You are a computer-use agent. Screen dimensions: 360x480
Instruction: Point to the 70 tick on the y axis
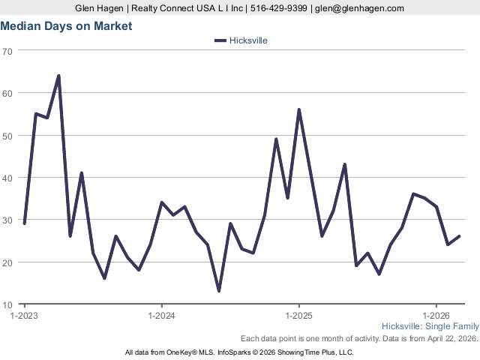[x=7, y=51]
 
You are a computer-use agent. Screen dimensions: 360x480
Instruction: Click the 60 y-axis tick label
[x=7, y=93]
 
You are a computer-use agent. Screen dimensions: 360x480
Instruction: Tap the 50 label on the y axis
[x=7, y=136]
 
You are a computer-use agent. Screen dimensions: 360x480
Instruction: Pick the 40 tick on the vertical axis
[x=7, y=178]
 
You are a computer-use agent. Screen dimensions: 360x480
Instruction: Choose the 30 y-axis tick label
[x=7, y=220]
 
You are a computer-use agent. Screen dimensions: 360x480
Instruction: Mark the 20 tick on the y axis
[x=7, y=262]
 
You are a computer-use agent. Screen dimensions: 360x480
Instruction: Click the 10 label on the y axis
[x=7, y=305]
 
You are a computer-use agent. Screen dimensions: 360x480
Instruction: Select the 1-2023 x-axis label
[x=25, y=316]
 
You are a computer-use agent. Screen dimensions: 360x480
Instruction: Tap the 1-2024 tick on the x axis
[x=162, y=316]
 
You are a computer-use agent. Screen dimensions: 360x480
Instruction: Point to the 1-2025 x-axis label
[x=299, y=316]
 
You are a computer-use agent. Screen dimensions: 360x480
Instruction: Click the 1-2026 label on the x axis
[x=436, y=316]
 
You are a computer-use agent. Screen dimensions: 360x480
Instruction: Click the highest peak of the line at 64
[x=58, y=76]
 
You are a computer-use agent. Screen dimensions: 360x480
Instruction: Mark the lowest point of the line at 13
[x=219, y=291]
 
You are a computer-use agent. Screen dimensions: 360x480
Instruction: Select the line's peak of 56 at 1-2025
[x=299, y=109]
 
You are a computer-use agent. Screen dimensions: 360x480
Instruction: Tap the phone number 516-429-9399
[x=277, y=7]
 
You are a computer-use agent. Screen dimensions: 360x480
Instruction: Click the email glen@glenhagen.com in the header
[x=358, y=7]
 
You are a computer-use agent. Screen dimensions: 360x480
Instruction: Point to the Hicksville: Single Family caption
[x=430, y=326]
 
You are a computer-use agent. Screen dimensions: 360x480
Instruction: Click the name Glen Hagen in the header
[x=100, y=7]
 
